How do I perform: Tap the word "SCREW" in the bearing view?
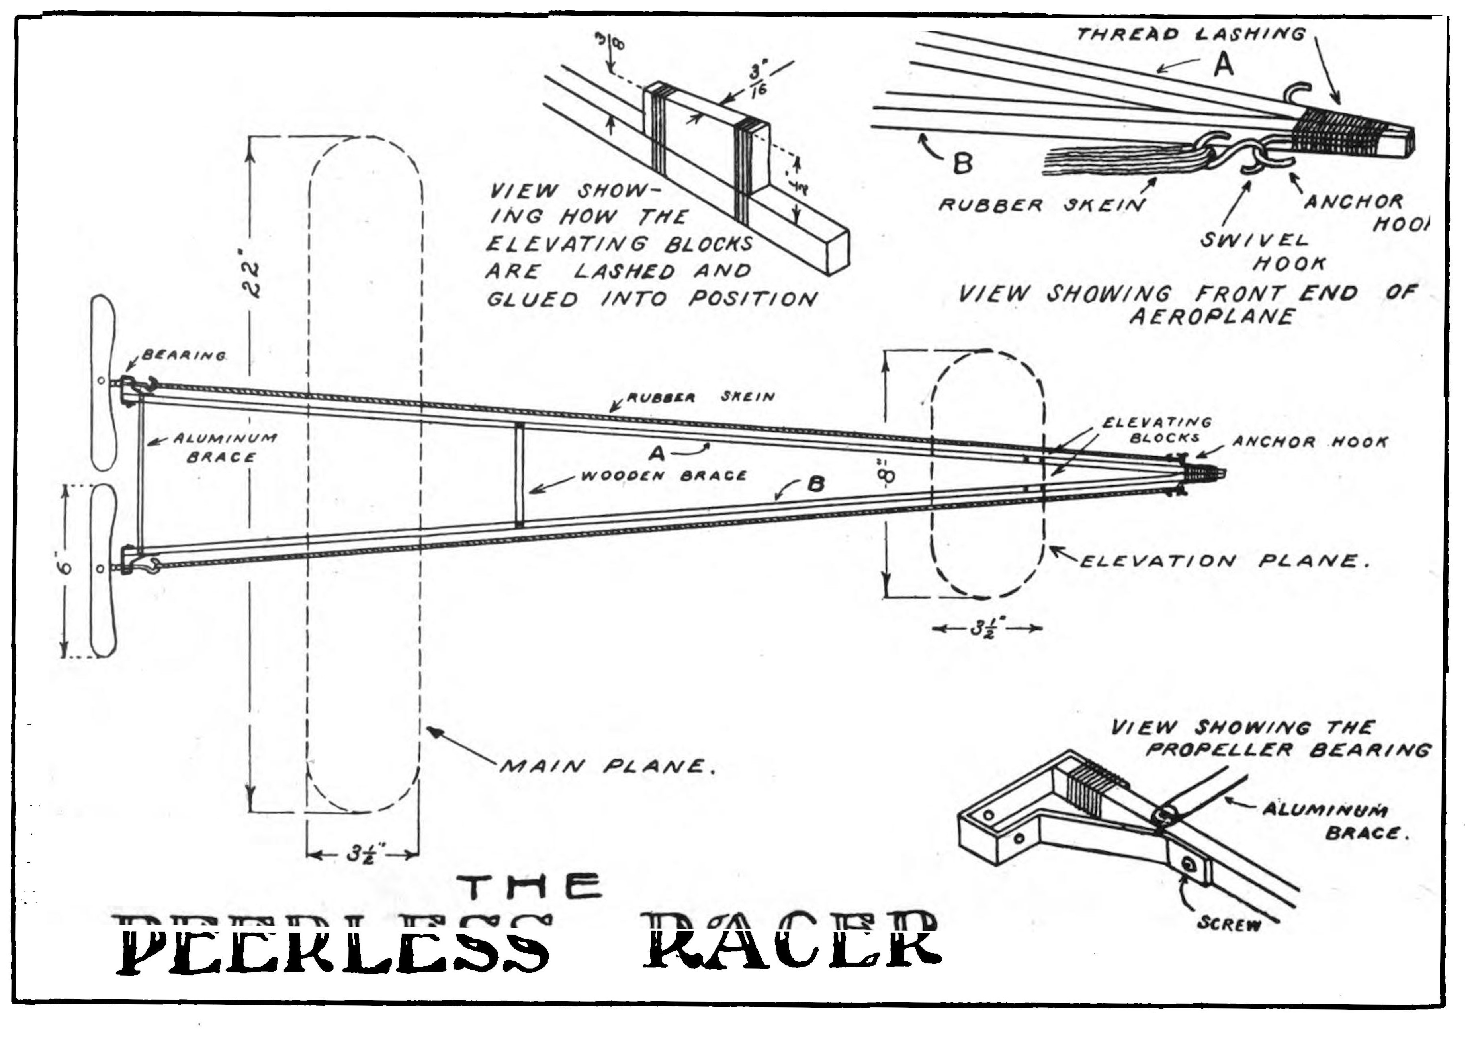(x=1229, y=924)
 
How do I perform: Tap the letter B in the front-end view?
(x=962, y=164)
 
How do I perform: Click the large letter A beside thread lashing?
(x=1223, y=65)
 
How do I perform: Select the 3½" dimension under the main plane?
(x=363, y=855)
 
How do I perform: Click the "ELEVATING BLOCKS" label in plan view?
(x=1157, y=429)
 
